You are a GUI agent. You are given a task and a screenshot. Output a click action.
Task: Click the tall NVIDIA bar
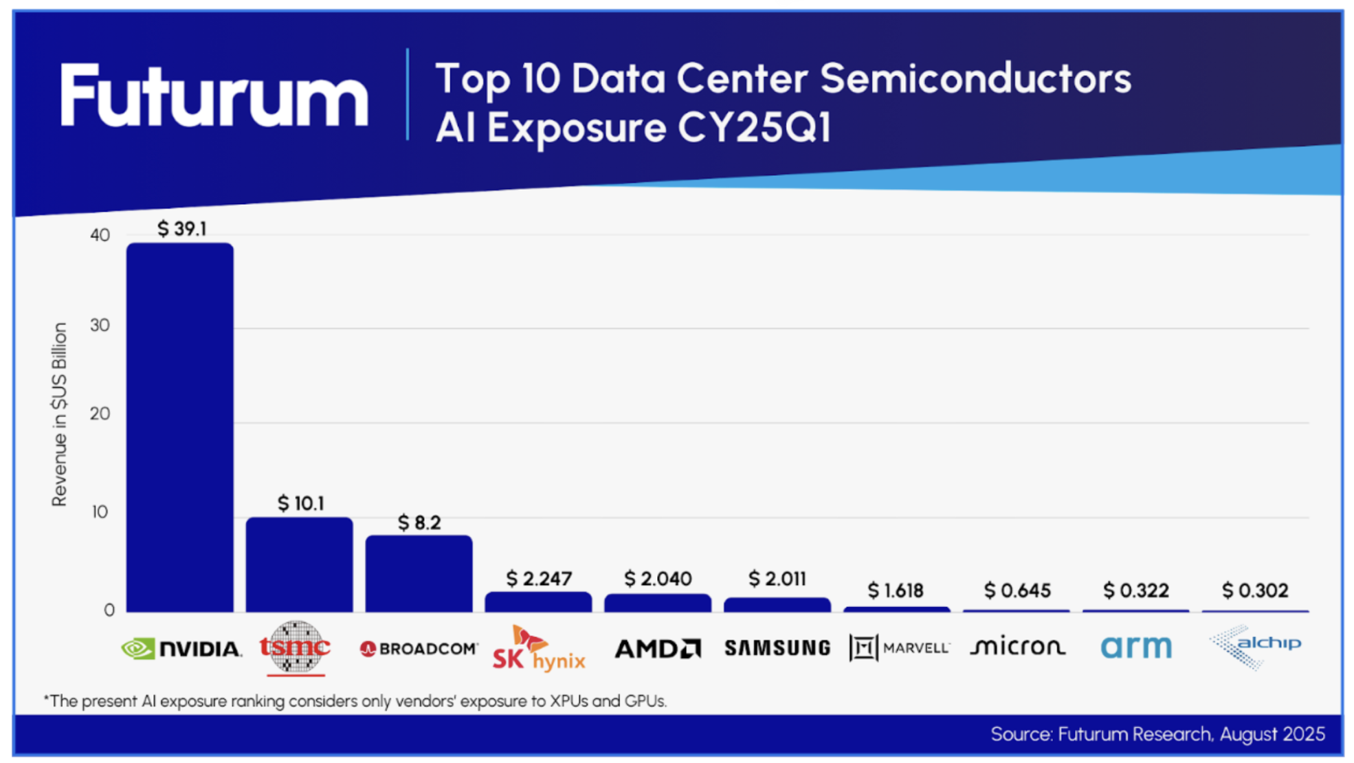(x=180, y=426)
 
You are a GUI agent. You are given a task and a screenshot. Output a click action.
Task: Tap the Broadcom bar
(x=419, y=574)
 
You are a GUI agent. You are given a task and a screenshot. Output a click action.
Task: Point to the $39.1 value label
(x=181, y=229)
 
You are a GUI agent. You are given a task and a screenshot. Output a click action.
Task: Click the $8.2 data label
(x=419, y=523)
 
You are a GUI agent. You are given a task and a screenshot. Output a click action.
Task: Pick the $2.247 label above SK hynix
(x=539, y=579)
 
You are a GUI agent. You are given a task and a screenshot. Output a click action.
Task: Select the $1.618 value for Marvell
(x=896, y=590)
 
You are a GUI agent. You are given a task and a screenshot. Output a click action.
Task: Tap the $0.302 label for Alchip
(x=1255, y=590)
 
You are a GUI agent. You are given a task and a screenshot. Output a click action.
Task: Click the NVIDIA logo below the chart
(x=181, y=648)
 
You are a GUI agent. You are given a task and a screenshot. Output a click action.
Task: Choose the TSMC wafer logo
(x=296, y=647)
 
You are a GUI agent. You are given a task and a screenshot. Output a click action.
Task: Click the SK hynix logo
(x=539, y=649)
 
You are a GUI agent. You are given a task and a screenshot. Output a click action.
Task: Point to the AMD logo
(x=658, y=648)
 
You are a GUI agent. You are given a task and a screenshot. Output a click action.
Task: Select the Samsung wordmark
(x=777, y=648)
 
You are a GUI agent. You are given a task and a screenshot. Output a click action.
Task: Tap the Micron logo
(x=1017, y=647)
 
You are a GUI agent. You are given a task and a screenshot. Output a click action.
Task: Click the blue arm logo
(x=1136, y=647)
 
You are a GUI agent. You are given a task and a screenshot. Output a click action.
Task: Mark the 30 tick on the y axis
(x=100, y=325)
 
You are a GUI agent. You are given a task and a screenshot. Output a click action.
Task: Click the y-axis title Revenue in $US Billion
(x=60, y=414)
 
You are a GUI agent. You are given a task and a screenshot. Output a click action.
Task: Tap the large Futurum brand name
(x=214, y=96)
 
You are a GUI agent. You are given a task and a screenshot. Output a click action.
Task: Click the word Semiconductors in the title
(x=975, y=78)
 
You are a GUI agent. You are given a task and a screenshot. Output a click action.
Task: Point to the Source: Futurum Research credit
(x=1157, y=734)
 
